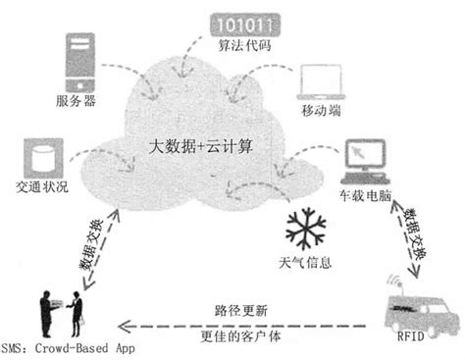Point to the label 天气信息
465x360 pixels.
[306, 263]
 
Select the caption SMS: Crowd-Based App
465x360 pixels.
[68, 348]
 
